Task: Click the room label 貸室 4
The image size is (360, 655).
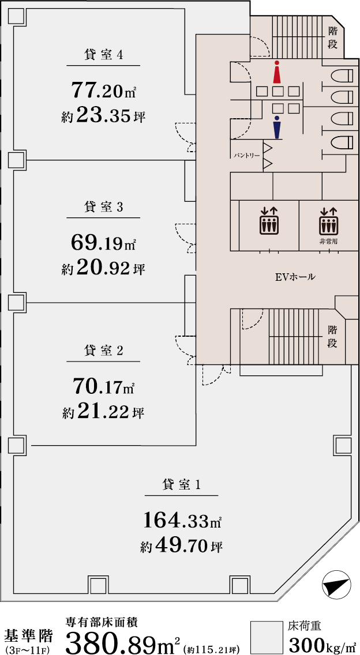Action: click(103, 55)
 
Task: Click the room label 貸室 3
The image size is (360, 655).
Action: click(103, 207)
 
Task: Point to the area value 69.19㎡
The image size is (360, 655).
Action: click(103, 243)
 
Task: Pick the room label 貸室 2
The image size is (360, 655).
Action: click(103, 351)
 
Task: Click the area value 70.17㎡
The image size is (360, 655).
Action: click(103, 386)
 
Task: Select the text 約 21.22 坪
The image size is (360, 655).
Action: click(103, 413)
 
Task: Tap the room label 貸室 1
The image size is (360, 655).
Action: click(181, 485)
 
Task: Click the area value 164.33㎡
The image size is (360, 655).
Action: click(182, 521)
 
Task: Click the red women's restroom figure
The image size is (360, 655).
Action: click(277, 73)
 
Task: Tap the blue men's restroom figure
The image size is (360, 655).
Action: click(277, 127)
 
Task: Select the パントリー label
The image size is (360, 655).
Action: click(246, 156)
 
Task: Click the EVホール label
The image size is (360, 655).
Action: click(295, 277)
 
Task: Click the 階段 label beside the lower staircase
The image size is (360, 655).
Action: click(333, 336)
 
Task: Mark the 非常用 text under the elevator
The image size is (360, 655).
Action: click(328, 242)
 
